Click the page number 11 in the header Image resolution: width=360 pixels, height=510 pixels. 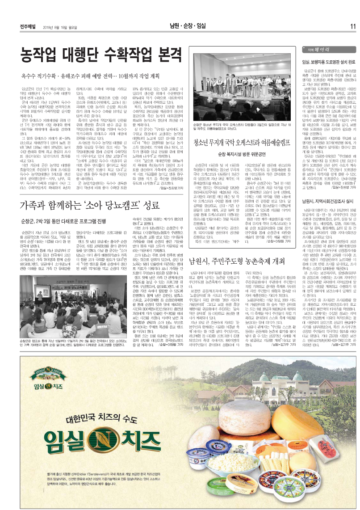352,26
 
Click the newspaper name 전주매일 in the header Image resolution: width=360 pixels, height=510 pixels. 28,26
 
